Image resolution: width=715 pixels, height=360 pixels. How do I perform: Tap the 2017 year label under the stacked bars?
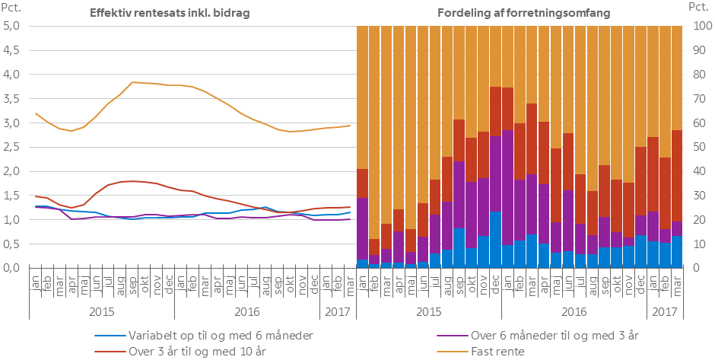point(666,311)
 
